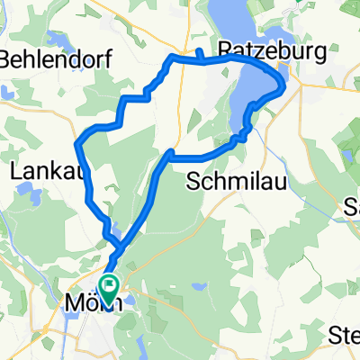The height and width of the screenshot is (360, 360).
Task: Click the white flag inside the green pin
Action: click(x=109, y=286)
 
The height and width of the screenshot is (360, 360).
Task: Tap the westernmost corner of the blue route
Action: click(x=78, y=143)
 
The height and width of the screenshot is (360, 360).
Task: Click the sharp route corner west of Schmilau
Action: click(x=170, y=151)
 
